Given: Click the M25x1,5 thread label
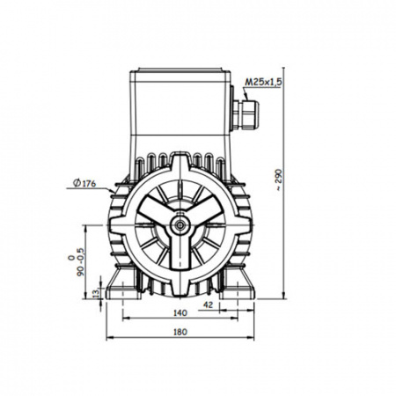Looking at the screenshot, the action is click(x=263, y=82).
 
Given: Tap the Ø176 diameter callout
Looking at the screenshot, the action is click(x=84, y=183).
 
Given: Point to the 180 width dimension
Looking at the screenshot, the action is click(x=180, y=332).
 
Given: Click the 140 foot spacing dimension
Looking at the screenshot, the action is click(x=180, y=313).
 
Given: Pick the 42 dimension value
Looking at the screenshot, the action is click(x=208, y=305).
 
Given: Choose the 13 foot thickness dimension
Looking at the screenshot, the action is click(x=96, y=293).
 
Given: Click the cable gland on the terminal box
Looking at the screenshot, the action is click(x=246, y=114).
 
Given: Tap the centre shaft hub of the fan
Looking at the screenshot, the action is click(x=180, y=225).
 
